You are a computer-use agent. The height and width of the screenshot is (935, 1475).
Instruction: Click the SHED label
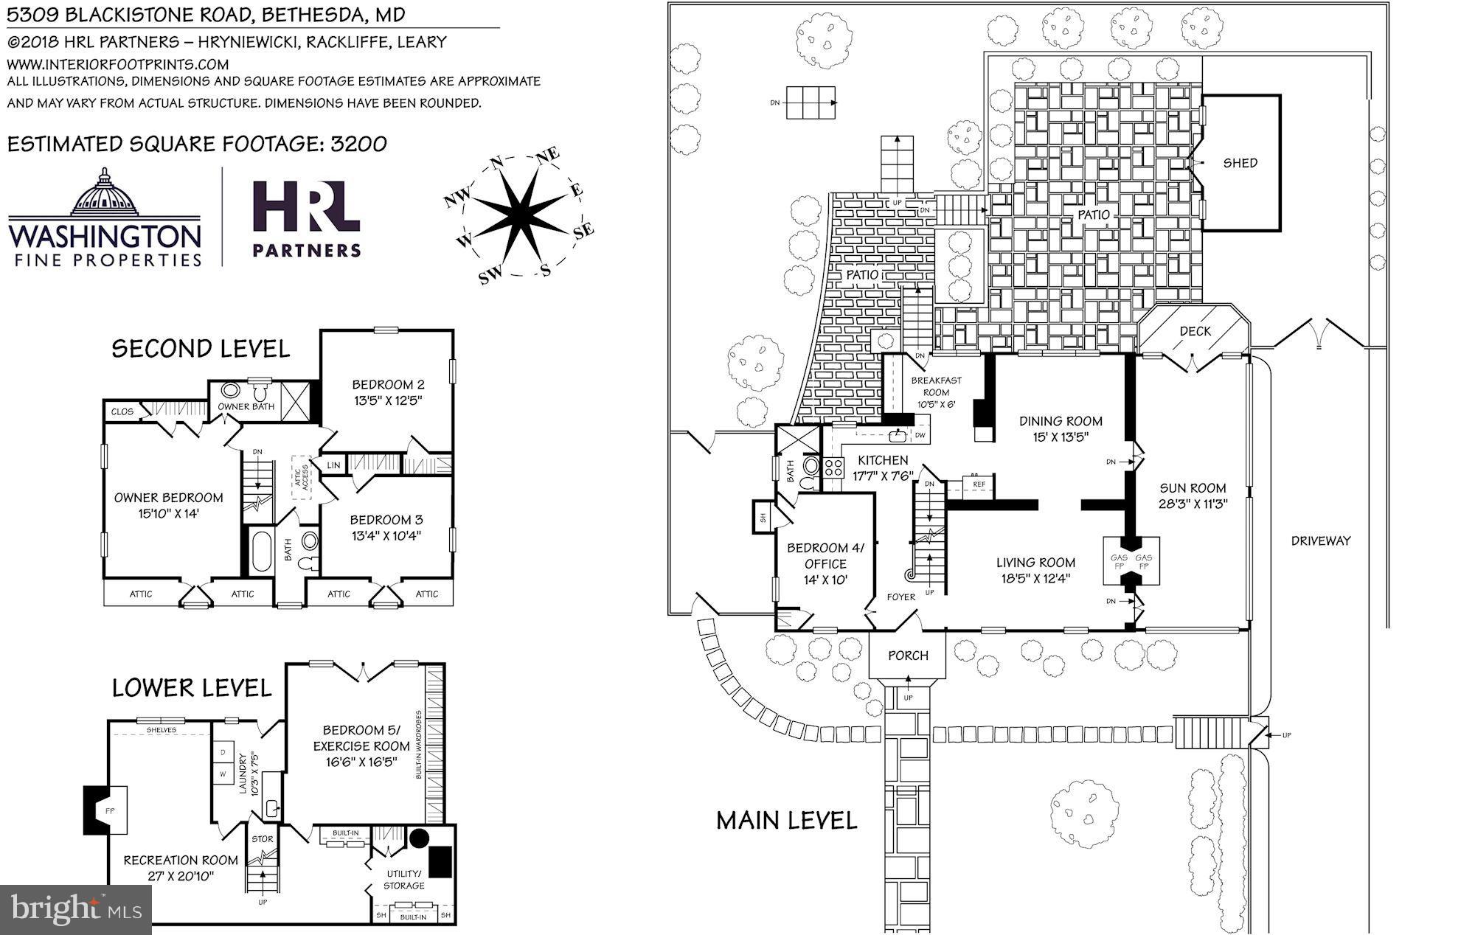[1240, 163]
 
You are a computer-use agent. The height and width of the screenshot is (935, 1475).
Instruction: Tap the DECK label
[1195, 331]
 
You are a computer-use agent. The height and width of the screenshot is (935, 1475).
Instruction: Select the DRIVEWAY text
[1320, 541]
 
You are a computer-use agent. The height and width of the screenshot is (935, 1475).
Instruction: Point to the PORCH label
[908, 656]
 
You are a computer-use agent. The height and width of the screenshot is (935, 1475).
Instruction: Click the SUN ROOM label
[1193, 488]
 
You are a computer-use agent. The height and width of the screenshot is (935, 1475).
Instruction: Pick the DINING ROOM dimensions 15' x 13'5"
[1061, 437]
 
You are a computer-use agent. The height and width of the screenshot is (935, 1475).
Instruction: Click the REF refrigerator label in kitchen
[979, 484]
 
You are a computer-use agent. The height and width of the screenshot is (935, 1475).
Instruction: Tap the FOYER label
[900, 597]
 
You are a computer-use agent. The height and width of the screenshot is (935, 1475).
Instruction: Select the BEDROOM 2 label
[388, 384]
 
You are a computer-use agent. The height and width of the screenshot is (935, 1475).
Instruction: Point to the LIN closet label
[333, 465]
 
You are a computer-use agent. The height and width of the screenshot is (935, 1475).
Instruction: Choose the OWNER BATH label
[246, 406]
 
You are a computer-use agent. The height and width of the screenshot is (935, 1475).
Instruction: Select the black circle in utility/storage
[419, 838]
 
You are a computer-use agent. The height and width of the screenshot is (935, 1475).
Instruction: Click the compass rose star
[520, 214]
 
